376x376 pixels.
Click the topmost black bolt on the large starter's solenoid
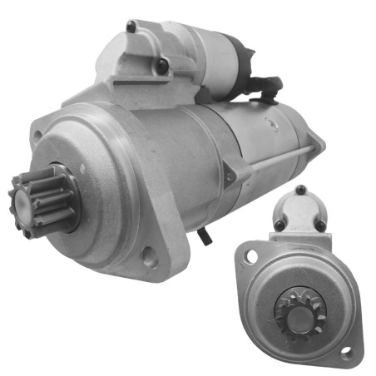(131, 27)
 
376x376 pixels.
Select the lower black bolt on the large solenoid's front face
(163, 64)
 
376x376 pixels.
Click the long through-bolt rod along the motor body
(275, 158)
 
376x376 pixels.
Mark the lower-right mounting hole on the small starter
(347, 354)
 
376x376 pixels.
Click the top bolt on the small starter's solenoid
(300, 190)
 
